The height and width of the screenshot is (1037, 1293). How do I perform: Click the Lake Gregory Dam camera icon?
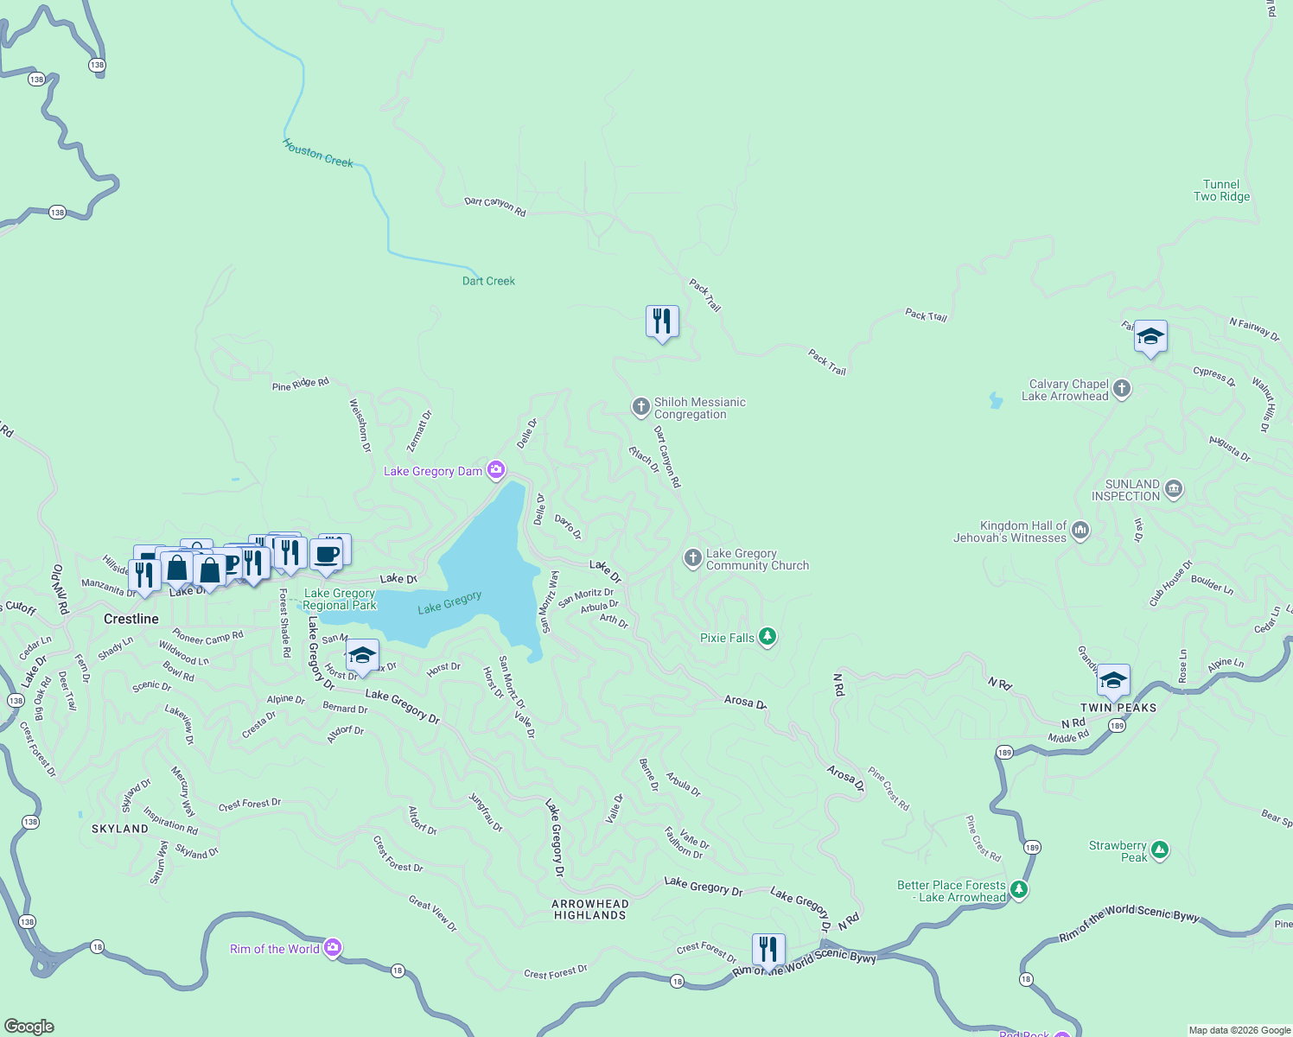point(496,470)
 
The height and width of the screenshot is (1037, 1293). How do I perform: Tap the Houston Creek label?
point(317,154)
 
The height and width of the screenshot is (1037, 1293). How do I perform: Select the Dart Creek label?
point(488,281)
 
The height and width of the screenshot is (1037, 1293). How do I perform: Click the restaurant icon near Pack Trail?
point(662,321)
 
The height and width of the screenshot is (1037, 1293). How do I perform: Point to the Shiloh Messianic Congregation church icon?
point(640,406)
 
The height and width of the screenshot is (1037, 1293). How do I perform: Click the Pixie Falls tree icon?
point(767,637)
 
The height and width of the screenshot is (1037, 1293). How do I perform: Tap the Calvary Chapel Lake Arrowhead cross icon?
point(1122,389)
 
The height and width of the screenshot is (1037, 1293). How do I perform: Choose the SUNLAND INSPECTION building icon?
point(1173,489)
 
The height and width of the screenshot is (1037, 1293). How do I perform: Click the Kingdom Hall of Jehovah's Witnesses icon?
point(1080,531)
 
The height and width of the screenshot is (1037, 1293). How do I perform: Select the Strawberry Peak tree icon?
point(1160,850)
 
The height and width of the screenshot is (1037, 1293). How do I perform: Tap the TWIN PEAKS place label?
point(1118,708)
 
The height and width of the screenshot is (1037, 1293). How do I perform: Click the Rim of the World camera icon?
point(333,948)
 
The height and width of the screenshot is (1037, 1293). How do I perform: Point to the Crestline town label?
point(131,619)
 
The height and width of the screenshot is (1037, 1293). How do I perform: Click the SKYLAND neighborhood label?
point(120,829)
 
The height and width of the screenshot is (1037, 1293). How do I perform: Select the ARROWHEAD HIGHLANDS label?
point(590,909)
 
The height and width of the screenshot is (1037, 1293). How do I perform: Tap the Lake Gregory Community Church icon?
point(692,558)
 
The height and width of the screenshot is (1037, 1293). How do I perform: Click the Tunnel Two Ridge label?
point(1221,190)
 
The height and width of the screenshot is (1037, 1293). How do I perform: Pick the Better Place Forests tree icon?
point(1019,889)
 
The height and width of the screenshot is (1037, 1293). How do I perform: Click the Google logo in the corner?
point(29,1027)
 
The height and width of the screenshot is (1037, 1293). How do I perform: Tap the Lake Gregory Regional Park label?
point(340,599)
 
